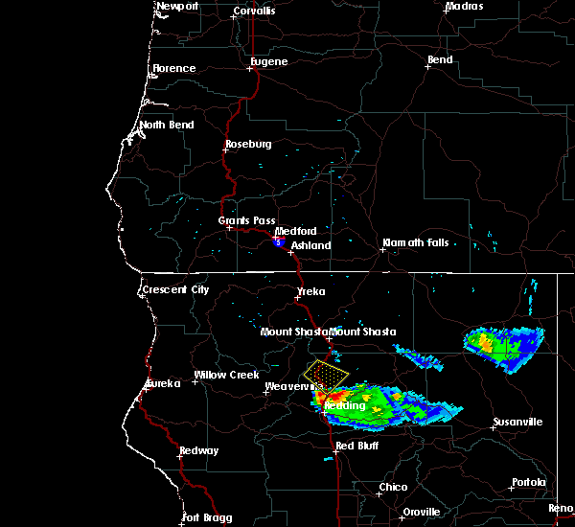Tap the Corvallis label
coord(254,11)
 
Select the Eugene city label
coord(269,62)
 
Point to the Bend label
coord(441,60)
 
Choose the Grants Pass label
coord(240,221)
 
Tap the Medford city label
coord(295,232)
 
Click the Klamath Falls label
coord(415,243)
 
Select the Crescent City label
coord(175,290)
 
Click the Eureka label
coord(163,385)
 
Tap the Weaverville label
coord(289,386)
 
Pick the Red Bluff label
coord(357,447)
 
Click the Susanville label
coord(517,423)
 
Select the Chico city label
coord(393,488)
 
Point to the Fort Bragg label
coord(207,517)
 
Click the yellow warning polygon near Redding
coord(326,372)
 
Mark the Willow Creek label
coord(226,376)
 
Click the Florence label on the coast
coord(173,69)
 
